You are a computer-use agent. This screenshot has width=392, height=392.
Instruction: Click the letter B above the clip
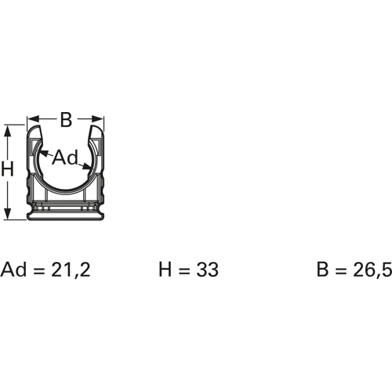[x=66, y=120]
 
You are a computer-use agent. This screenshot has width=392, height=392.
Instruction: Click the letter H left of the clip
[x=7, y=169]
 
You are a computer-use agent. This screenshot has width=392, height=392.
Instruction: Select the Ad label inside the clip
[x=66, y=158]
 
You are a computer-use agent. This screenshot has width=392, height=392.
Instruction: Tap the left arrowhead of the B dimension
[x=31, y=122]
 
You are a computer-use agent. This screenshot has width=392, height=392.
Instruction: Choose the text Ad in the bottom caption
[x=14, y=270]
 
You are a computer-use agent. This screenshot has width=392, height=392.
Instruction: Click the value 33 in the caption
[x=207, y=270]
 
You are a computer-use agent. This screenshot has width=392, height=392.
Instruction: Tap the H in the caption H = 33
[x=165, y=270]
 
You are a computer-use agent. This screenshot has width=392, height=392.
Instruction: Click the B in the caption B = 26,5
[x=322, y=270]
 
